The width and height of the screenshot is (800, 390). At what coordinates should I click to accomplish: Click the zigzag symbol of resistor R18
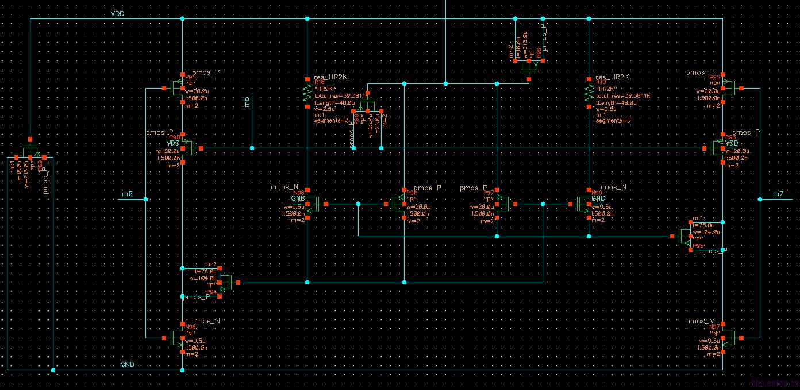point(307,94)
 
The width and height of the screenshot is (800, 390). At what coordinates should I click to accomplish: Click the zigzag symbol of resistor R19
point(588,94)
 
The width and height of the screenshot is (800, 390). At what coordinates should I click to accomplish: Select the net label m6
point(127,194)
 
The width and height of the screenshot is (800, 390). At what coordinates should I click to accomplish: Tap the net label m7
point(778,194)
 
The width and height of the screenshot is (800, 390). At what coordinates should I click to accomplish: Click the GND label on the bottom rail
point(127,365)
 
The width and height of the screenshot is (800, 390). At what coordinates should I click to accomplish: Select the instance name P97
point(489,193)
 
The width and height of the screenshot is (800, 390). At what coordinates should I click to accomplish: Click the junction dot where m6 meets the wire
point(146,200)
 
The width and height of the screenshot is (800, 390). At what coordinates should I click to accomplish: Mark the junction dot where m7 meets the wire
point(760,200)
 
